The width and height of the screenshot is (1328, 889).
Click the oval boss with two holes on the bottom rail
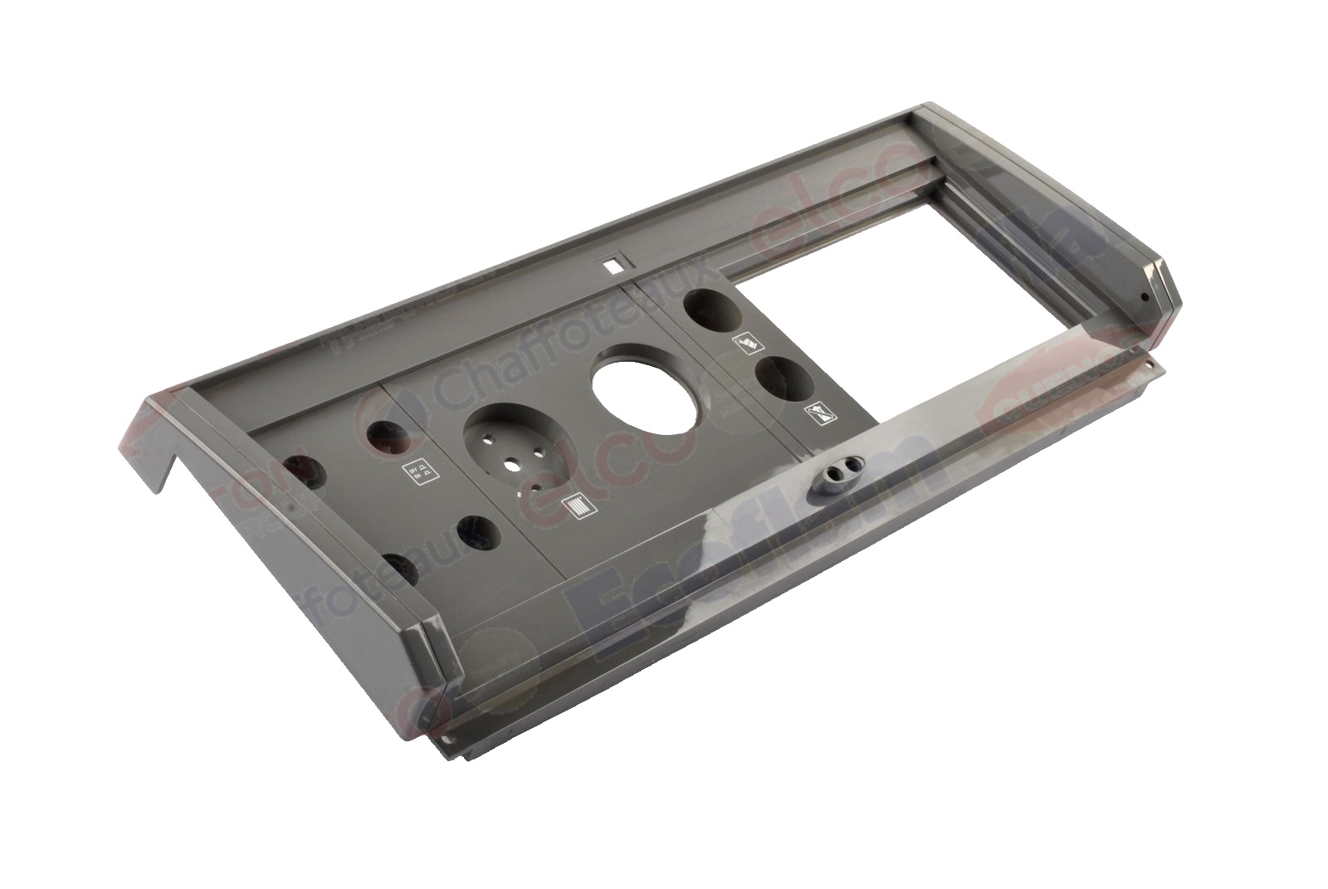(840, 474)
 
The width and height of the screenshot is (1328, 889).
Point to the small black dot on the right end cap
(1145, 297)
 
